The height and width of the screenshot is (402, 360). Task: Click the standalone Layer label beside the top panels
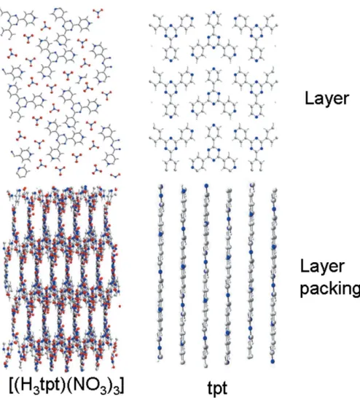coord(326,98)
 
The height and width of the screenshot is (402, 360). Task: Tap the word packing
coord(330,289)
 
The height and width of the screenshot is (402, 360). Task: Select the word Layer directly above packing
coord(322,267)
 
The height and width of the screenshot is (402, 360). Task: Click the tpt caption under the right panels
coord(217,388)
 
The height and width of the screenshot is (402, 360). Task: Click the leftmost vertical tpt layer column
coord(160,271)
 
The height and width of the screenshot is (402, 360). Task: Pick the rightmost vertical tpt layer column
coord(273,276)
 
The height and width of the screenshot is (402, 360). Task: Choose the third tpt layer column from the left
coord(206,275)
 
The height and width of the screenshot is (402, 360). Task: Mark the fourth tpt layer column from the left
coord(228,277)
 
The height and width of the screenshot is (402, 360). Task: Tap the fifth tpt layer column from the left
coord(251,271)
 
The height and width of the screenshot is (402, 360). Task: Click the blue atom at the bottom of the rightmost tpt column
coord(273,361)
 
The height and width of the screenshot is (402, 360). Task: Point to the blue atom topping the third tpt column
coord(206,186)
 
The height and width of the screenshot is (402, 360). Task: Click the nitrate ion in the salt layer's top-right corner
coord(98,12)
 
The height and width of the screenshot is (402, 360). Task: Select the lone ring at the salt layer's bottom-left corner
coord(22,172)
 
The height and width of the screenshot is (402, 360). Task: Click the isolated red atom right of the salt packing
coord(120,306)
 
